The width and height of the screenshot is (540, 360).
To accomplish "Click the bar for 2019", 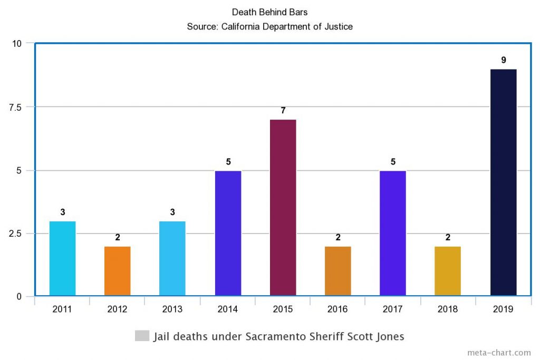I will pos(503,182).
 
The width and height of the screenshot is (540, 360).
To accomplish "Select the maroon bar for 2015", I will pos(283,208).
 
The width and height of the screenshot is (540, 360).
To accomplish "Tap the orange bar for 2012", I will pos(117,271).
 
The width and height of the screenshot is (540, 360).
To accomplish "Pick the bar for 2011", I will pos(62,258).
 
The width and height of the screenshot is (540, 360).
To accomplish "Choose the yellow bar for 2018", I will pos(448,271).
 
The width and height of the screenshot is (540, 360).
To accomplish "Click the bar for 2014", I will pos(228,233).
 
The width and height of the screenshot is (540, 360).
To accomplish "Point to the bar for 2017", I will pos(393,233).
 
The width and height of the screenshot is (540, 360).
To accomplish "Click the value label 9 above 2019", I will pos(503,60).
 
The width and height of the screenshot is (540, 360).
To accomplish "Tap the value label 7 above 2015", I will pos(283,111).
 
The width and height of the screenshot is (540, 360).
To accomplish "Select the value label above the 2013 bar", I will pos(172,212).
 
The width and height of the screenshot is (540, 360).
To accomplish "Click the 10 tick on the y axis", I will pos(17,43).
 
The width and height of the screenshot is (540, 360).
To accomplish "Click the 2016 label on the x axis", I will pos(337,309).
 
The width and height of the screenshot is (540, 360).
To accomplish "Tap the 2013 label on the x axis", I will pos(172,309).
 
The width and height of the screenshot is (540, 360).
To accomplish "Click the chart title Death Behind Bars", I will pos(269,12).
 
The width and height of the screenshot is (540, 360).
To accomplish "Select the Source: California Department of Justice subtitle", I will pos(269,25).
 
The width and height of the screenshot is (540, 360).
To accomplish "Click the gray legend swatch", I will pos(142,336).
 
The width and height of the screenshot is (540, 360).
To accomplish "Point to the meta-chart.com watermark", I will pos(499,353).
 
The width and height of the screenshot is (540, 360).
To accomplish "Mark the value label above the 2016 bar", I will pos(338,238).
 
